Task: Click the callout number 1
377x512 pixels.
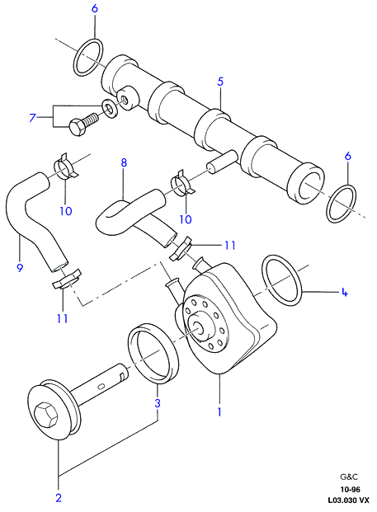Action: click(x=220, y=411)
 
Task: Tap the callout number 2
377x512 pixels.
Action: click(x=59, y=498)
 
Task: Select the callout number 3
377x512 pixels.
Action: click(x=158, y=403)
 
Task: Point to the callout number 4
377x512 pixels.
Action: click(x=344, y=292)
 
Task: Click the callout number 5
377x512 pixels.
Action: click(x=220, y=82)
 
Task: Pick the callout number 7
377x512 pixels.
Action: click(x=32, y=117)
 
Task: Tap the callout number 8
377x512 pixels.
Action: click(x=124, y=162)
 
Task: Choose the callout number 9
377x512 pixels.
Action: click(x=20, y=267)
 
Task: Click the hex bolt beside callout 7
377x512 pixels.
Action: click(x=82, y=124)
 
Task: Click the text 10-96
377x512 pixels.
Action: click(x=350, y=490)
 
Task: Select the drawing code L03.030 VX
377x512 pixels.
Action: click(x=349, y=500)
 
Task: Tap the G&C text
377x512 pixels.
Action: click(x=349, y=477)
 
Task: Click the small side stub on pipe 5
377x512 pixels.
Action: click(x=221, y=162)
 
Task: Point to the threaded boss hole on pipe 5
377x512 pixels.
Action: click(x=124, y=99)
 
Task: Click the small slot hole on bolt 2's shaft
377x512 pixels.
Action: click(x=101, y=387)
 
